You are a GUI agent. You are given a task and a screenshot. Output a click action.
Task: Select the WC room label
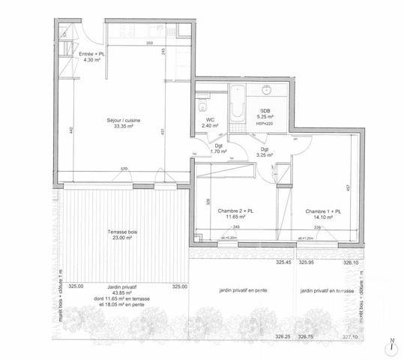211,121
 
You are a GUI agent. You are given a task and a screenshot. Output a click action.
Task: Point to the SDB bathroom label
265,112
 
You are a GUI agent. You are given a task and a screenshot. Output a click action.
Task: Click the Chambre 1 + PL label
323,212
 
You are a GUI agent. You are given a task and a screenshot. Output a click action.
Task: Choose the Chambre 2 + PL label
236,212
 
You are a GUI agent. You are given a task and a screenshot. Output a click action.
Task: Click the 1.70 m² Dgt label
219,151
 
